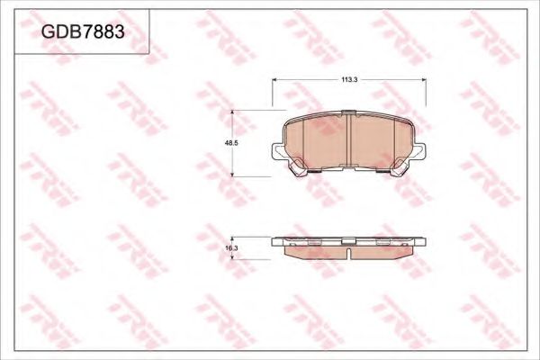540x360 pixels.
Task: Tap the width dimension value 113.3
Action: tap(350, 80)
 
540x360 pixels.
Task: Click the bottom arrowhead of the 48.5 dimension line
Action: tap(236, 175)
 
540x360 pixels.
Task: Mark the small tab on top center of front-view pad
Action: tap(349, 113)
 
